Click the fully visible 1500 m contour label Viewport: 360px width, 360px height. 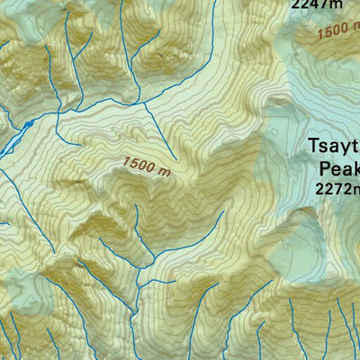pos(147,166)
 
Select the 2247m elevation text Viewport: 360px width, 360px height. pos(317,4)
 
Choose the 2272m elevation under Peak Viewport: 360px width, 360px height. pos(337,188)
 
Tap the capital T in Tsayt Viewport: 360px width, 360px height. pos(314,146)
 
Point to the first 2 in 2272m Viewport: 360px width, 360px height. pos(319,188)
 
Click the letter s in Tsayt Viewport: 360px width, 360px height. pos(325,147)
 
